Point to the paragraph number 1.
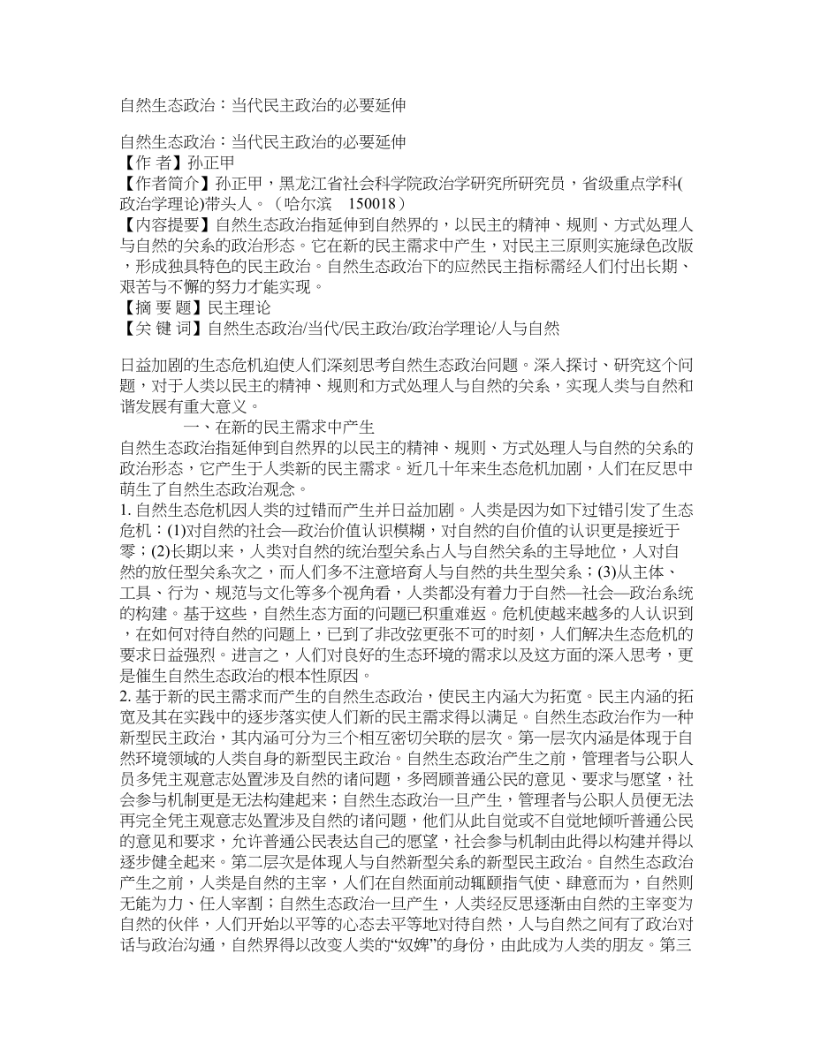tap(123, 510)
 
